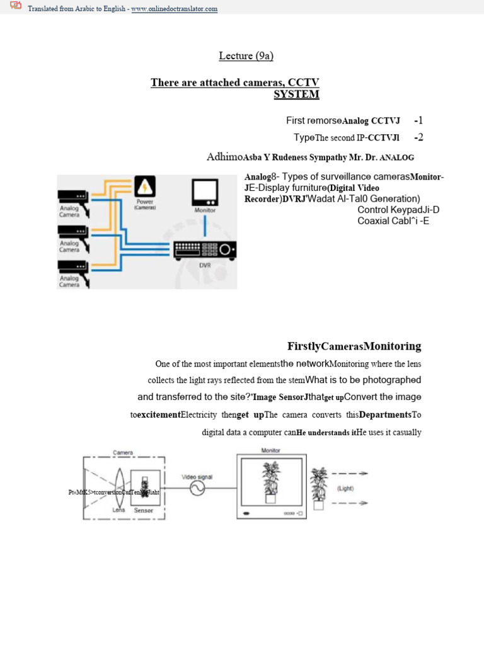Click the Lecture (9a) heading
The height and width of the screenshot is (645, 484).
[x=246, y=56]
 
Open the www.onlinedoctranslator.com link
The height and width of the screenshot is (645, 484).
[x=175, y=9]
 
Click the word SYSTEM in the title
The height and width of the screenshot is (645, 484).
[x=296, y=94]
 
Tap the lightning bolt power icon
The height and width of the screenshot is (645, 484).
[x=145, y=187]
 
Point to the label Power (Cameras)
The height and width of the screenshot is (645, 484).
[x=145, y=205]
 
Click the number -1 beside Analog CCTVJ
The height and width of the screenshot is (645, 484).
[x=418, y=120]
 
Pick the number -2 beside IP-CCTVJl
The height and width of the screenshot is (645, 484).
[x=418, y=137]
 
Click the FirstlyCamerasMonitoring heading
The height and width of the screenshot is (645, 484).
[x=354, y=346]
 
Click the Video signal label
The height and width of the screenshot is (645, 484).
[x=198, y=477]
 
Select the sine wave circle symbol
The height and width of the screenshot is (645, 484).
[x=197, y=490]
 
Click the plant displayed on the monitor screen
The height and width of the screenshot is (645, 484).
[x=272, y=482]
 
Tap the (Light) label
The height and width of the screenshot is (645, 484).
[x=345, y=488]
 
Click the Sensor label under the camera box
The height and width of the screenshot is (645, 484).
[x=144, y=510]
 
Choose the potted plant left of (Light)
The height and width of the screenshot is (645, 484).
[x=318, y=488]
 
